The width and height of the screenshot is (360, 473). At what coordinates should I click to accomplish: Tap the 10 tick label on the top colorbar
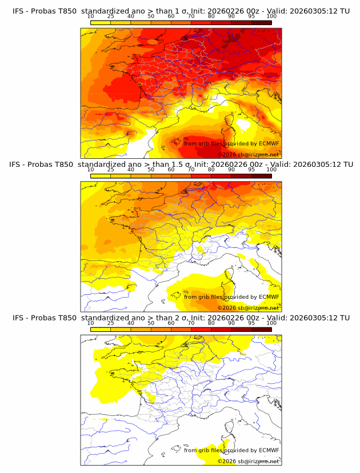(x=91, y=17)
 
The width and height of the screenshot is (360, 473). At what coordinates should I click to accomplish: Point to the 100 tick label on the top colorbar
(x=271, y=17)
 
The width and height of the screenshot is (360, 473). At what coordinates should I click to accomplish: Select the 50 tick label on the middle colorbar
(x=151, y=170)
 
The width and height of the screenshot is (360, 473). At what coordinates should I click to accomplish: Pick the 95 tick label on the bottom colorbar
(x=251, y=323)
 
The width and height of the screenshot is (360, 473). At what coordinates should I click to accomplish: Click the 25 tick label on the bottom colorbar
(x=111, y=323)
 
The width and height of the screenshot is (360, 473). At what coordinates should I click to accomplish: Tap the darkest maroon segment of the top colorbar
(x=262, y=22)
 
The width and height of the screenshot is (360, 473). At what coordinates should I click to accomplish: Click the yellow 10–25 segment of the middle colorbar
(x=101, y=176)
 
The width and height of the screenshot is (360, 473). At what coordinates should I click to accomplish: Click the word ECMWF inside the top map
(x=269, y=143)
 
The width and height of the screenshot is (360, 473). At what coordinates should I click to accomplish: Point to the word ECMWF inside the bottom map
(x=269, y=450)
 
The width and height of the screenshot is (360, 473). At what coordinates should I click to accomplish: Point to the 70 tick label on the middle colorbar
(x=191, y=170)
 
